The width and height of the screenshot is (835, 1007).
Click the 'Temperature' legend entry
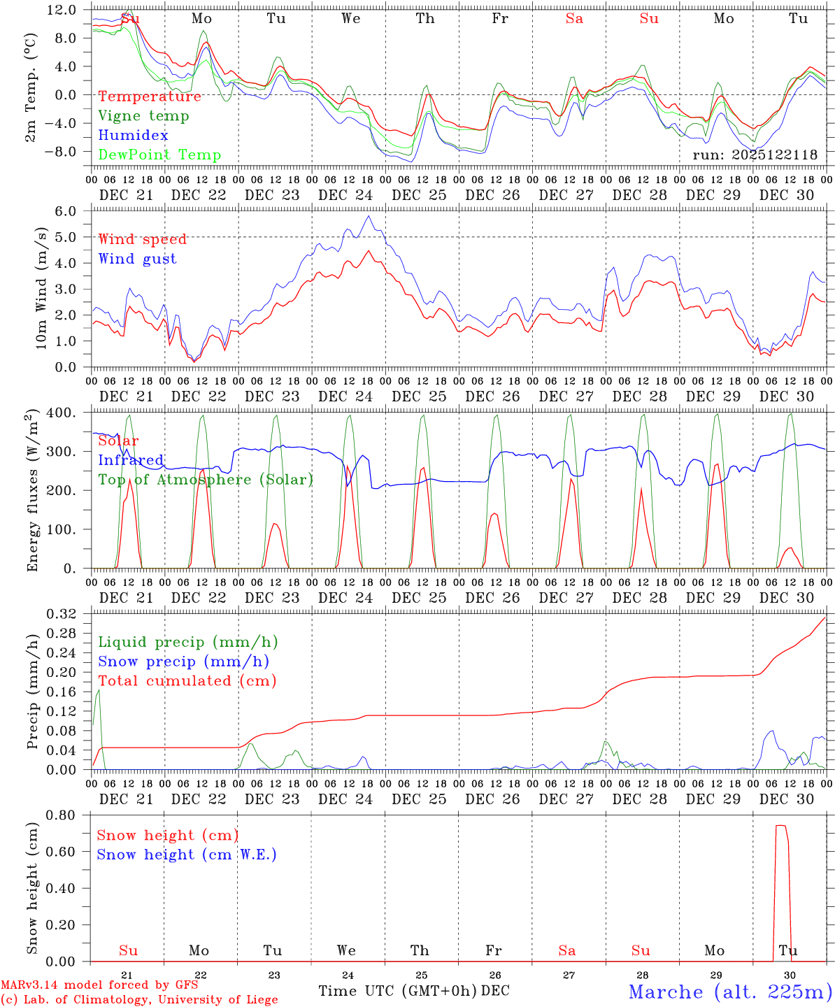click(150, 97)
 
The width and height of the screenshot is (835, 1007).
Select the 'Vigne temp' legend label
click(143, 116)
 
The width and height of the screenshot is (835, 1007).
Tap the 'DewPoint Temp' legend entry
click(159, 155)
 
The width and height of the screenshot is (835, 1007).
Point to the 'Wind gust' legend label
click(137, 259)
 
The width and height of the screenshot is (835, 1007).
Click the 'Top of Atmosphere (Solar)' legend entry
click(206, 480)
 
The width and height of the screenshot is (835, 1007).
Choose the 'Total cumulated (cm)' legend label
click(187, 681)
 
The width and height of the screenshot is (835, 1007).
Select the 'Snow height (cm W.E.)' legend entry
click(187, 855)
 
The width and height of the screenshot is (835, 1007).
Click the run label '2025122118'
click(755, 155)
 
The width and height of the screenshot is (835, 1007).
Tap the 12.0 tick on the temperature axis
click(62, 10)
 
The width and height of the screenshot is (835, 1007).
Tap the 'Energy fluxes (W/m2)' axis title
click(32, 492)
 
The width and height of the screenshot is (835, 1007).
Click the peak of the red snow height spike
click(780, 826)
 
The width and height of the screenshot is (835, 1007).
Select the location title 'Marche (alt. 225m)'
click(730, 992)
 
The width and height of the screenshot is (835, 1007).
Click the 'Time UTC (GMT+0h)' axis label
click(397, 991)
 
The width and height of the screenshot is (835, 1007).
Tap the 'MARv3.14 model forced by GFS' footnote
click(99, 985)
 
